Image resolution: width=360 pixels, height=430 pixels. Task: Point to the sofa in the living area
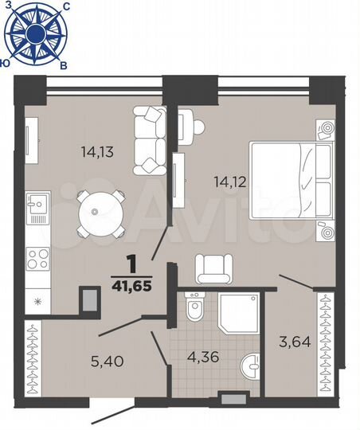click(x=149, y=139)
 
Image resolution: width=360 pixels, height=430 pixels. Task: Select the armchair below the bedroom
click(x=214, y=268)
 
